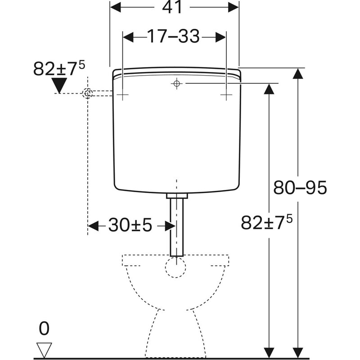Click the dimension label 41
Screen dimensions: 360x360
pyautogui.click(x=172, y=7)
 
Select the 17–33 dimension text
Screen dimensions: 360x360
pyautogui.click(x=173, y=36)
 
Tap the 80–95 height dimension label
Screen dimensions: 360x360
pyautogui.click(x=300, y=188)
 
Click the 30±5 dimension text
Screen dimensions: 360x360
pyautogui.click(x=130, y=225)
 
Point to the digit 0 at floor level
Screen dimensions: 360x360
pyautogui.click(x=44, y=328)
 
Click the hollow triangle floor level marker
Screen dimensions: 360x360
pyautogui.click(x=44, y=350)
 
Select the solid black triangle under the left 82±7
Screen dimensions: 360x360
pyautogui.click(x=59, y=85)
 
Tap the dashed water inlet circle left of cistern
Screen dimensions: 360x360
pyautogui.click(x=87, y=94)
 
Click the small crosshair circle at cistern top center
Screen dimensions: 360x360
pyautogui.click(x=176, y=83)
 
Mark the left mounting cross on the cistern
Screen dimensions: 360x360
pyautogui.click(x=122, y=94)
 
